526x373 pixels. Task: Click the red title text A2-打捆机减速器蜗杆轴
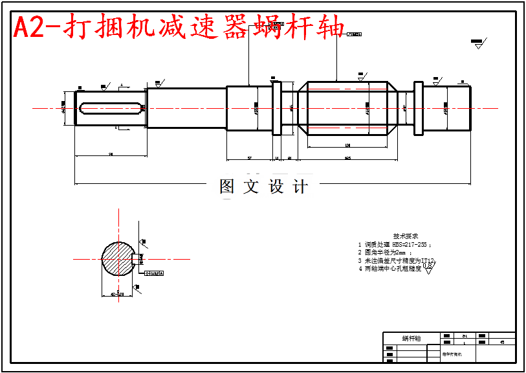point(178,27)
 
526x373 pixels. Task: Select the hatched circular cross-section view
point(117,259)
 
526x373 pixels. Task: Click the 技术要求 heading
point(406,236)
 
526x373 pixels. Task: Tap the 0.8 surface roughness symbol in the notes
point(428,268)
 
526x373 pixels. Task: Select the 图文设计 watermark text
point(264,187)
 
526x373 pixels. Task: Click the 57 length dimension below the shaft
point(249,157)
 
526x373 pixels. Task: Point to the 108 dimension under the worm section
point(347,145)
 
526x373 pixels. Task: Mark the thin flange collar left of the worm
point(277,107)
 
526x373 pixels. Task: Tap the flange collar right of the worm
point(419,108)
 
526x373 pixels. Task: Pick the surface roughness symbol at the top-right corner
point(477,44)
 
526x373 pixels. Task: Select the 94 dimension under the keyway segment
point(111,154)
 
